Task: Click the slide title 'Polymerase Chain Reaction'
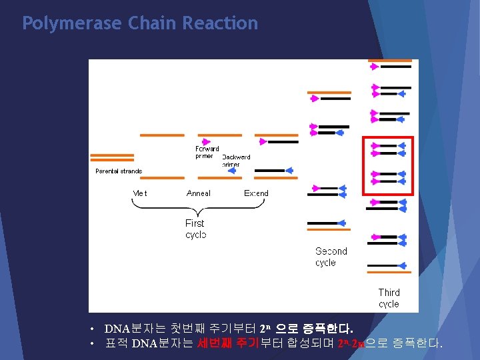[140, 23]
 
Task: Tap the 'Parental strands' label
[119, 171]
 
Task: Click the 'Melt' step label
[140, 193]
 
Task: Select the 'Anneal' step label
[199, 193]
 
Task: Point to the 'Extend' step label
[257, 193]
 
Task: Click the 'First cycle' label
[195, 229]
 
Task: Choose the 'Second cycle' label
[331, 257]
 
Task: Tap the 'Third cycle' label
[389, 297]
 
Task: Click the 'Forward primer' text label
[207, 153]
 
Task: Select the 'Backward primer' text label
[236, 161]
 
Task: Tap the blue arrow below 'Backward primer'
[232, 171]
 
